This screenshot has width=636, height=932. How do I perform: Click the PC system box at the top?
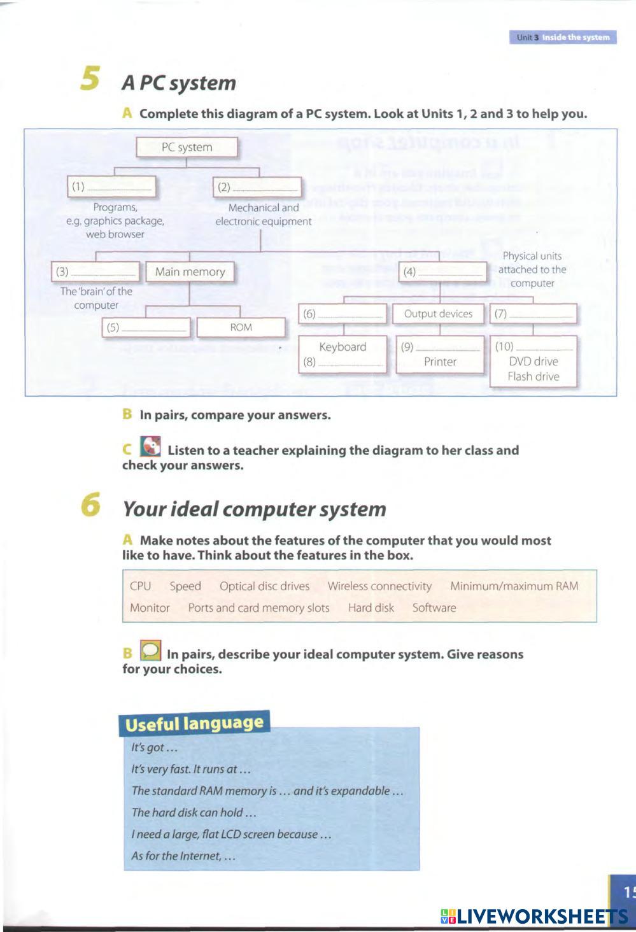(187, 147)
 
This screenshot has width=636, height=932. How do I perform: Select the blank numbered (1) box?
(111, 187)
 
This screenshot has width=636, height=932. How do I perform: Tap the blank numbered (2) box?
(257, 187)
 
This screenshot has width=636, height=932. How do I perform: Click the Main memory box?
(190, 272)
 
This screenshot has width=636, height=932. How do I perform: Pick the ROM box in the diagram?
(241, 327)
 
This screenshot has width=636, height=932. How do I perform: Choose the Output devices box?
(438, 314)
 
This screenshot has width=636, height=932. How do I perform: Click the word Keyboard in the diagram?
(343, 347)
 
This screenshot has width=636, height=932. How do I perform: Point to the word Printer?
(440, 362)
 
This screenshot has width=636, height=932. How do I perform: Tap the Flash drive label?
(534, 376)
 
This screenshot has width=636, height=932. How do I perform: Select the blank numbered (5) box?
(146, 328)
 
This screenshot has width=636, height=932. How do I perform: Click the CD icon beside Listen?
(150, 447)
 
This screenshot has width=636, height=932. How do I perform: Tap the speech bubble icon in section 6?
(150, 651)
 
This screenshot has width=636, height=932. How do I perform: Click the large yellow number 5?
(90, 79)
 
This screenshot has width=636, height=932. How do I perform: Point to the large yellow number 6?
(90, 505)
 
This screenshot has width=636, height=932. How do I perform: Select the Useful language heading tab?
(194, 724)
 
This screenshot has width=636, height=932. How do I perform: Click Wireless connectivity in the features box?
(379, 586)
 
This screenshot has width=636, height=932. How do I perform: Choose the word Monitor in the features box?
(150, 608)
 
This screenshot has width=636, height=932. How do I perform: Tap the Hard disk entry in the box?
(371, 608)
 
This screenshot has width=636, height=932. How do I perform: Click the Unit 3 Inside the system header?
(563, 38)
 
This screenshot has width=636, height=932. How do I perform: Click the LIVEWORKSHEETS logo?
(534, 917)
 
